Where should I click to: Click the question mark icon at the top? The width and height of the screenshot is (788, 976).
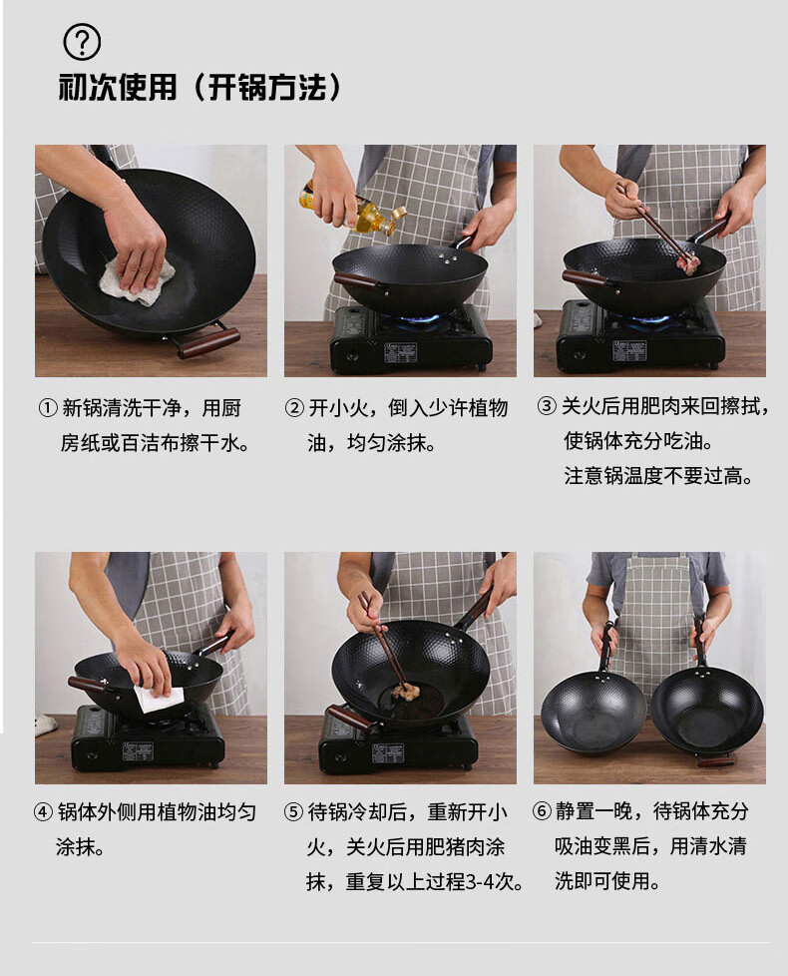82,42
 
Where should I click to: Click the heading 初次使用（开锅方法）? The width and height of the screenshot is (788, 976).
199,87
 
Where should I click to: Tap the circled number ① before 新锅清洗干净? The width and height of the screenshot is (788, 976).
48,408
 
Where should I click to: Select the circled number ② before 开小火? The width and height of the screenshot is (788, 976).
294,408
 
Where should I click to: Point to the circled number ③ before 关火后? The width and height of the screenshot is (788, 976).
547,406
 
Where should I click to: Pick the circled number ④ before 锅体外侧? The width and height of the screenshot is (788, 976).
44,812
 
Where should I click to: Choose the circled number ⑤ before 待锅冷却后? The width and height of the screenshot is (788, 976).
293,812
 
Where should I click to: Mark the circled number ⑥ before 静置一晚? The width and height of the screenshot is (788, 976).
542,811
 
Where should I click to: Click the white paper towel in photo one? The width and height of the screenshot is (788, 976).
137,281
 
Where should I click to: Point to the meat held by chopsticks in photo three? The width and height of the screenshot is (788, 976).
688,261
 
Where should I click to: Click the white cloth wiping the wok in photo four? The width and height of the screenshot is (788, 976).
160,698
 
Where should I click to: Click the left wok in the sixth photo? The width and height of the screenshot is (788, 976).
592,711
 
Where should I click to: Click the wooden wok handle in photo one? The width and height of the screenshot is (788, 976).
207,343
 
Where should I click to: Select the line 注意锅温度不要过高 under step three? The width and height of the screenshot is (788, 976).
658,476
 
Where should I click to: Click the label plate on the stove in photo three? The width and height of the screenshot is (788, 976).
628,351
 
